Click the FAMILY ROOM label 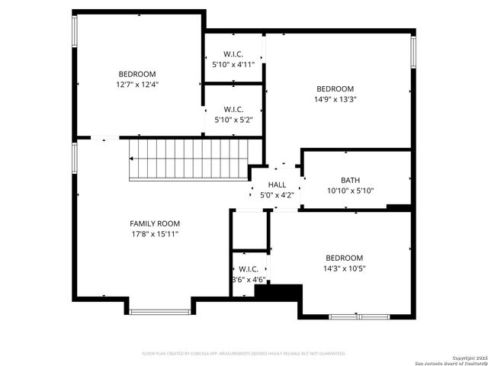[155, 223]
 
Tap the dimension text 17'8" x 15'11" [155, 234]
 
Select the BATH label [351, 181]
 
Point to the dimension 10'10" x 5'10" [351, 191]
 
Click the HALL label [277, 185]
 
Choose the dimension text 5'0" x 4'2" [277, 195]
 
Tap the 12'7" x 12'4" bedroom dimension [137, 85]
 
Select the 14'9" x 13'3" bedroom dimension [335, 99]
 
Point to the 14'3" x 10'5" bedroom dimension [344, 268]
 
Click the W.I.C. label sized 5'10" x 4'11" [233, 54]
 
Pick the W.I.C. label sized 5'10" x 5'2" [233, 109]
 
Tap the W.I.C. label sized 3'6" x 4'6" [249, 269]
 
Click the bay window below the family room [160, 311]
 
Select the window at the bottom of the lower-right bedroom [358, 316]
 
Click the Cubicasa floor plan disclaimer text [244, 354]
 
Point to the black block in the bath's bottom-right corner [398, 207]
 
